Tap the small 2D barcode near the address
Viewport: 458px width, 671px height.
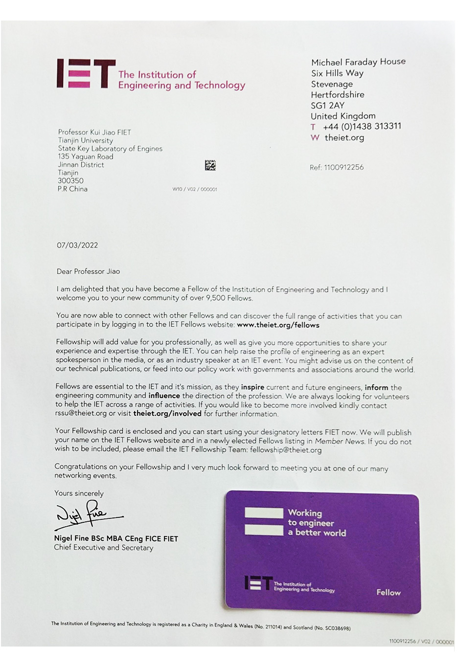(210, 165)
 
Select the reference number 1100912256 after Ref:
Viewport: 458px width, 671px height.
(343, 167)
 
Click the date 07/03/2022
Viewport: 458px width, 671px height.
(77, 245)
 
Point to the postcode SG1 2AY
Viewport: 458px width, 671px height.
(327, 105)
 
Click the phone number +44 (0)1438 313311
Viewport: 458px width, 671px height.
(362, 126)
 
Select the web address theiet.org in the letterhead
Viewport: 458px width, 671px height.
(344, 137)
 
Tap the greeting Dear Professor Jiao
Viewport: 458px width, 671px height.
(88, 271)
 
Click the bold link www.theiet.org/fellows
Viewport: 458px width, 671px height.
(278, 325)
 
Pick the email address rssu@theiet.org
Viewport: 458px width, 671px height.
(81, 413)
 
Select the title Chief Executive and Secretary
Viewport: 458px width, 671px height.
(104, 548)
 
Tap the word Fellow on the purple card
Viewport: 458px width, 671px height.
(388, 592)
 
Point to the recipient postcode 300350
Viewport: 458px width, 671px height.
(70, 180)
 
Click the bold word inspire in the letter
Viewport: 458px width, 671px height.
(252, 387)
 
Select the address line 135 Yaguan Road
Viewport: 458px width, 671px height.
(86, 157)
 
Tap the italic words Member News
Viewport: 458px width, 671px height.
(339, 441)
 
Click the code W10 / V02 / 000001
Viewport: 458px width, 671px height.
(194, 189)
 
